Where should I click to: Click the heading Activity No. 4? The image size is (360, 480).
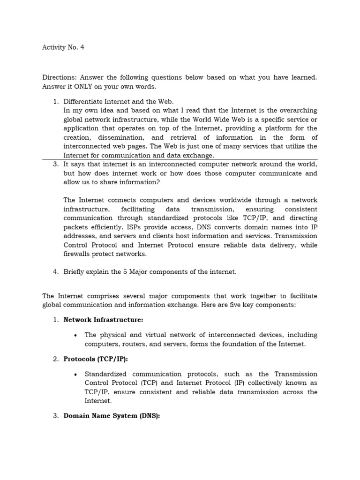(63, 47)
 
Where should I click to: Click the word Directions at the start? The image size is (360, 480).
(59, 77)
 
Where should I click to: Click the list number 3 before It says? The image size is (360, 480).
(55, 164)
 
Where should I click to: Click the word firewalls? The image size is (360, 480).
(78, 254)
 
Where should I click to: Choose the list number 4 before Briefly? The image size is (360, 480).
(55, 272)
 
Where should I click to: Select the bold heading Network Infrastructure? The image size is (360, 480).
(103, 320)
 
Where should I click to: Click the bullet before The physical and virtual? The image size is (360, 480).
(76, 335)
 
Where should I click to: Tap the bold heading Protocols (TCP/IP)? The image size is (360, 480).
(96, 359)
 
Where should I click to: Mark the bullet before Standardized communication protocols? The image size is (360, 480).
(76, 374)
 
